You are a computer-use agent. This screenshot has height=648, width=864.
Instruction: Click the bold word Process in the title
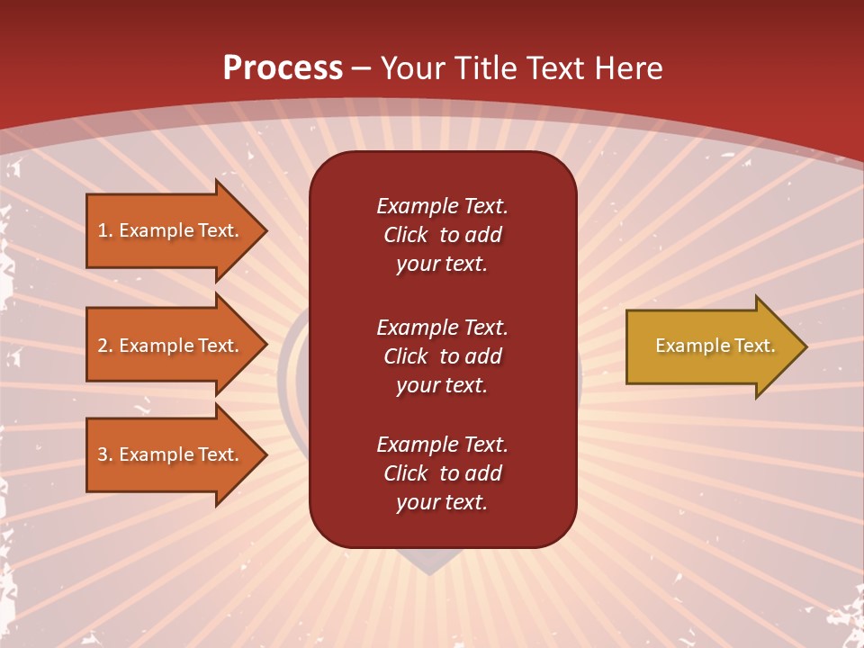(x=283, y=68)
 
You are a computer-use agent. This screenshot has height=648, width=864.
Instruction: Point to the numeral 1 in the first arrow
(x=103, y=230)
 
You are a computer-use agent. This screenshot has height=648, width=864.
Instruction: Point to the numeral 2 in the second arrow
(x=103, y=346)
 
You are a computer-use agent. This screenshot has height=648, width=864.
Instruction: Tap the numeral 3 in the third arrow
(x=103, y=454)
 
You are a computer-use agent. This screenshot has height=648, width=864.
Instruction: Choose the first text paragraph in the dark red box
(x=442, y=235)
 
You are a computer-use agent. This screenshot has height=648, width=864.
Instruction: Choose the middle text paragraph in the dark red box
(x=442, y=355)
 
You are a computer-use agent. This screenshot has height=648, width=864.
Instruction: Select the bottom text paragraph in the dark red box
(x=442, y=473)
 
